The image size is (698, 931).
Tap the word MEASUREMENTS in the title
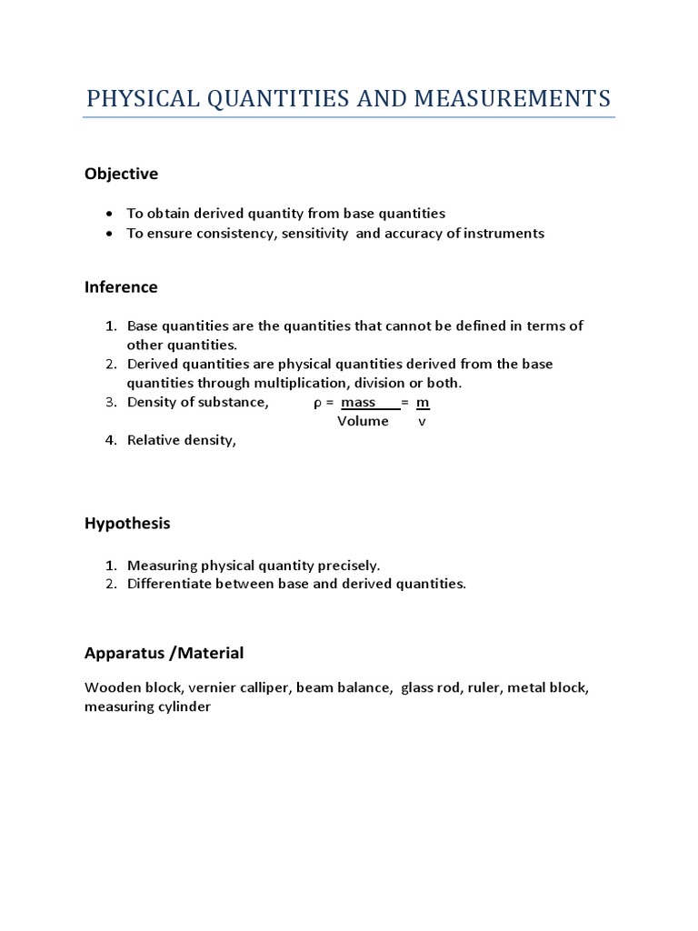(x=513, y=98)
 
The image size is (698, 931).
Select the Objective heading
(x=121, y=174)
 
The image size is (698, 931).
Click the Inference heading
(x=121, y=287)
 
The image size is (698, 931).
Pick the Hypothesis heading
(x=127, y=524)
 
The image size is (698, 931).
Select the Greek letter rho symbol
(x=318, y=403)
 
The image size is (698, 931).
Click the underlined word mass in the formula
(x=358, y=403)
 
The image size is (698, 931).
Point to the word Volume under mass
(x=363, y=422)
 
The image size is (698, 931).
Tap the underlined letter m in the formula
(x=423, y=403)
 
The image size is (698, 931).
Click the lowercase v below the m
(x=422, y=422)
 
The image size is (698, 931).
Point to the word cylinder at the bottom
(x=184, y=707)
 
